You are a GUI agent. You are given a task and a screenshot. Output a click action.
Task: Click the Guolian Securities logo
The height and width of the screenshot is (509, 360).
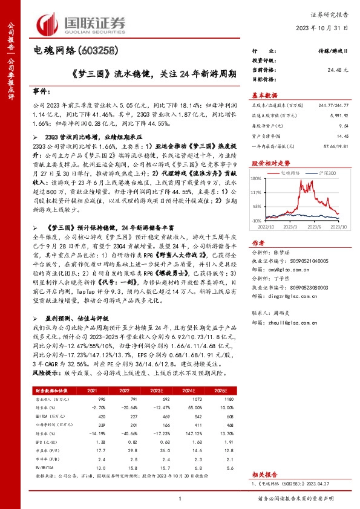82,22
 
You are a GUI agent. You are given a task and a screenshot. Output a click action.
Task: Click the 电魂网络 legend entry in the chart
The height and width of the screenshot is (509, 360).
292,172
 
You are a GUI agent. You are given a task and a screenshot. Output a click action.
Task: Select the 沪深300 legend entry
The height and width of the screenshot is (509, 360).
327,172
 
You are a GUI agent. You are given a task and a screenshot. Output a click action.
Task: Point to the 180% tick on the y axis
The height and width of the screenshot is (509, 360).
256,178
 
